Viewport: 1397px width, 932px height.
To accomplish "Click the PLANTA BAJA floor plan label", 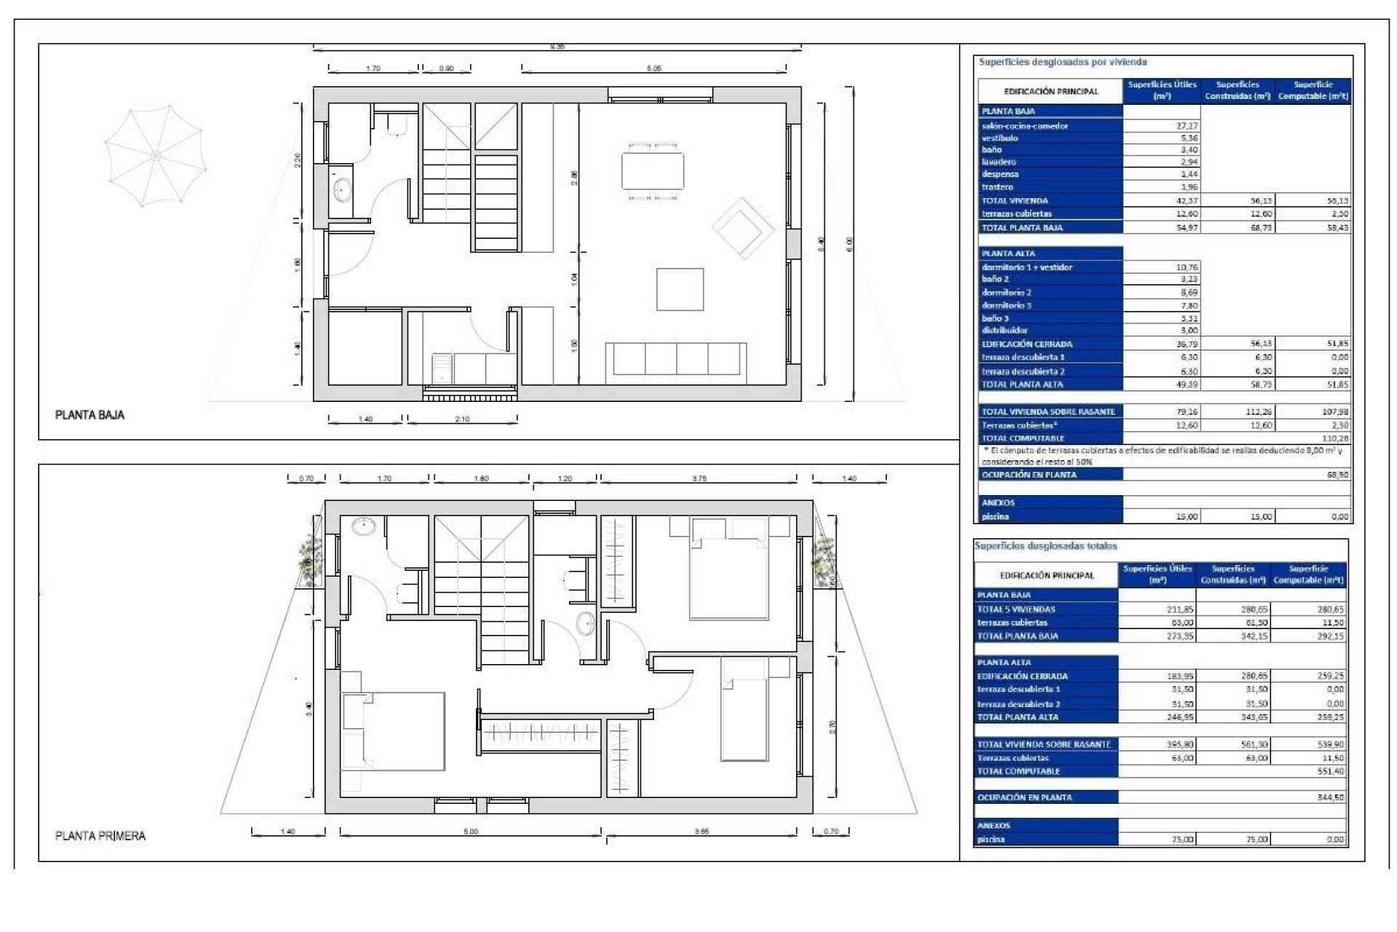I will pos(89,415).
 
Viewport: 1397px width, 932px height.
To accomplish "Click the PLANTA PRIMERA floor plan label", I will pos(100,836).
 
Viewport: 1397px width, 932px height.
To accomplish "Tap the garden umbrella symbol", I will pos(155,155).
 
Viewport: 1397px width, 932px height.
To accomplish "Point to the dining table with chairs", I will pos(653,170).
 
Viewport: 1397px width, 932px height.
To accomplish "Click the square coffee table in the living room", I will pos(680,289).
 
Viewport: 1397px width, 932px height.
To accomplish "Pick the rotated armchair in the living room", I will pos(741,228).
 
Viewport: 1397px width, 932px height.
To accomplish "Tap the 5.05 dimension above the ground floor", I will pos(653,68).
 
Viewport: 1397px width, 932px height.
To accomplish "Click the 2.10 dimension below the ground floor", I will pos(462,419).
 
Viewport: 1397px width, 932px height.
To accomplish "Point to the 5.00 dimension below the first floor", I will pos(471,832).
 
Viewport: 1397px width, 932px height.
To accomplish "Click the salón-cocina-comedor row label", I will pos(1024,126).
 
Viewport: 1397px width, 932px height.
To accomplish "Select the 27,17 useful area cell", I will pos(1187,126).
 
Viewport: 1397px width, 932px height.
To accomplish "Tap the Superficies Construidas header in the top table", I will pos(1237,90).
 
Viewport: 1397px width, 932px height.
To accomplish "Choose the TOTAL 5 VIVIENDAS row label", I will pos(1016,609).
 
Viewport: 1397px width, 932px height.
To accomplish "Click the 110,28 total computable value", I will pos(1334,438).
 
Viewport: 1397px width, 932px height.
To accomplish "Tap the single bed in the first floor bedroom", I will pos(744,710).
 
